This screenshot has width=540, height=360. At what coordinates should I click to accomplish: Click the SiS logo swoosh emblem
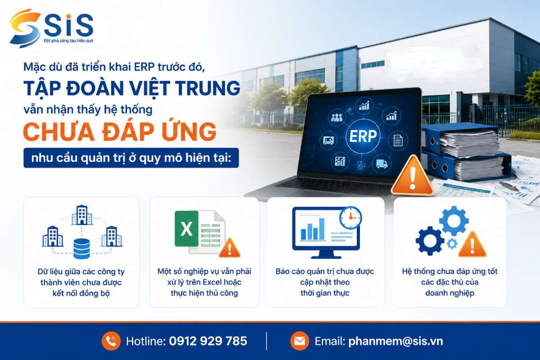pyautogui.click(x=25, y=28)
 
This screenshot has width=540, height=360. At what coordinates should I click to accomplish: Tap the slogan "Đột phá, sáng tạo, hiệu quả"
pyautogui.click(x=68, y=41)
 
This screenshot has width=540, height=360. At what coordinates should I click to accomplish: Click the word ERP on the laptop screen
pyautogui.click(x=363, y=136)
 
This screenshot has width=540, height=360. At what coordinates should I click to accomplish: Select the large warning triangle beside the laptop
pyautogui.click(x=413, y=175)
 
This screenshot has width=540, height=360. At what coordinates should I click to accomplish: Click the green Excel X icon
pyautogui.click(x=186, y=229)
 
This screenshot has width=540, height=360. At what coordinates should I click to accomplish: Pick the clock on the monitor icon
pyautogui.click(x=351, y=218)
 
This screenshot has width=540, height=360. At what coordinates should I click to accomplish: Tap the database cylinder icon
pyautogui.click(x=81, y=248)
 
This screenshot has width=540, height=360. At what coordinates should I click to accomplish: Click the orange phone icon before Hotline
pyautogui.click(x=111, y=341)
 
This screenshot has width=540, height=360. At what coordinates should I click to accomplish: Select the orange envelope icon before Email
pyautogui.click(x=299, y=341)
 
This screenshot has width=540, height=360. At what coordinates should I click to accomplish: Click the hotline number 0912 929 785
pyautogui.click(x=208, y=341)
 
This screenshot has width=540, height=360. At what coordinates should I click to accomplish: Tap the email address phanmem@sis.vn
pyautogui.click(x=396, y=341)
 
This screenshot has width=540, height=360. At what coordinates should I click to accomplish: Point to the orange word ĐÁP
pyautogui.click(x=128, y=132)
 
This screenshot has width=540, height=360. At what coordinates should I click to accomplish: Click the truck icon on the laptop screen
pyautogui.click(x=382, y=164)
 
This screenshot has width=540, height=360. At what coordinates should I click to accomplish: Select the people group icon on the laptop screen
pyautogui.click(x=337, y=117)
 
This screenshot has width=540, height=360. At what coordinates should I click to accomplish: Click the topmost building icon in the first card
pyautogui.click(x=82, y=215)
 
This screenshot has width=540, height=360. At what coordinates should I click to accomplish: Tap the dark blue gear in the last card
pyautogui.click(x=430, y=241)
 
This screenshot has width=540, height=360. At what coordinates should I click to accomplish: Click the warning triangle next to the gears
pyautogui.click(x=472, y=245)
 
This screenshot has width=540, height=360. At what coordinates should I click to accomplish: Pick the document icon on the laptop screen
pyautogui.click(x=398, y=140)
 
